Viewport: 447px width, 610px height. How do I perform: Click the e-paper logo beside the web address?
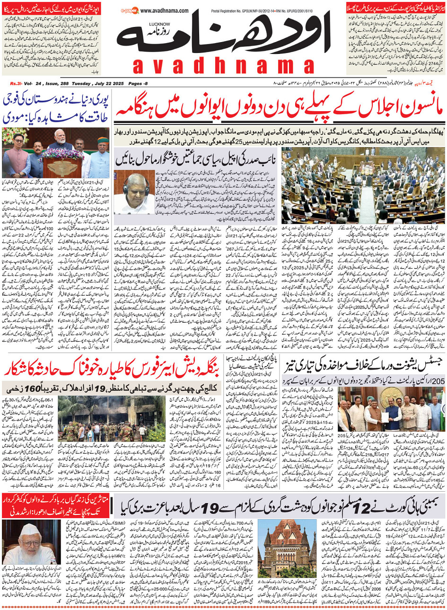(x=129, y=9)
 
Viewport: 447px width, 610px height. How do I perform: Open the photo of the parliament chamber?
(x=363, y=185)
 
